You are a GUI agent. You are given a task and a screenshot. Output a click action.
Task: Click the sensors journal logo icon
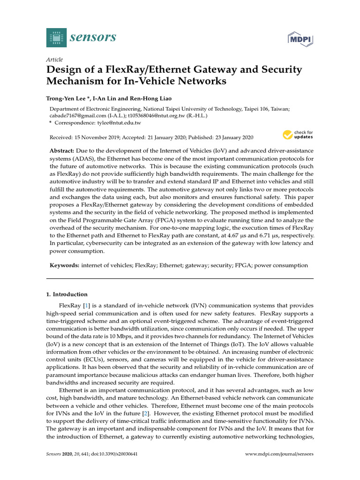pyautogui.click(x=57, y=37)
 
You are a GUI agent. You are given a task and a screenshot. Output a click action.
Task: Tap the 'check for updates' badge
pyautogui.click(x=297, y=135)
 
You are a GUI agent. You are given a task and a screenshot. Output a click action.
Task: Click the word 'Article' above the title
pyautogui.click(x=54, y=60)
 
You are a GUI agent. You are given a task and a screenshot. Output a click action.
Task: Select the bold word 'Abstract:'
pyautogui.click(x=62, y=151)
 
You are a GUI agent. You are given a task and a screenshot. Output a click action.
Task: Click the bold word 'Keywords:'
pyautogui.click(x=65, y=265)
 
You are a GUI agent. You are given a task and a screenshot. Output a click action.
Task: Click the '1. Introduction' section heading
pyautogui.click(x=67, y=294)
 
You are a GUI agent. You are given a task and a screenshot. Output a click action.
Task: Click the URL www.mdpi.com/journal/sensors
pyautogui.click(x=279, y=454)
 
